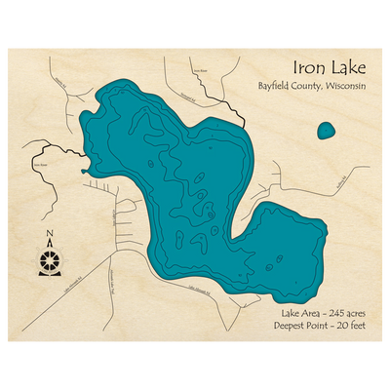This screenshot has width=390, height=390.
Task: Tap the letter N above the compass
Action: tap(50, 233)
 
